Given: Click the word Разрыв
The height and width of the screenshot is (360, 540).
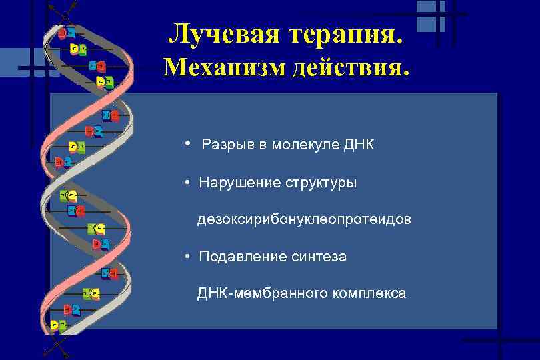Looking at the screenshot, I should pyautogui.click(x=227, y=145).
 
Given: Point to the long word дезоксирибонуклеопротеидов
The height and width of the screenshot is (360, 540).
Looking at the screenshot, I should pyautogui.click(x=304, y=219).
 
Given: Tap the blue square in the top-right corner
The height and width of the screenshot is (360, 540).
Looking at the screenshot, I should pyautogui.click(x=430, y=15).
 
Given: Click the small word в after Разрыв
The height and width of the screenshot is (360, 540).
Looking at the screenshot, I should pyautogui.click(x=262, y=145).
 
